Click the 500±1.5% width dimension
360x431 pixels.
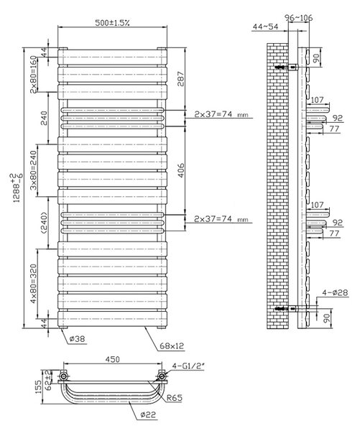[x=112, y=22]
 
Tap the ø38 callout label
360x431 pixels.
[x=77, y=339]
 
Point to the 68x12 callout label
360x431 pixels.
[x=172, y=346]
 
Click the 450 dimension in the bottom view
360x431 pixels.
[x=112, y=359]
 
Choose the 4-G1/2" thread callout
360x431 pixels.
[x=189, y=366]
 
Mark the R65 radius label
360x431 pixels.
[x=175, y=397]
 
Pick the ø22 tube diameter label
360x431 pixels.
[x=148, y=414]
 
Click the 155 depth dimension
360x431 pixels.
[x=39, y=386]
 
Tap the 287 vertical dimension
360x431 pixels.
[x=180, y=79]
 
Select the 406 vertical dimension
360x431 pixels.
[x=180, y=170]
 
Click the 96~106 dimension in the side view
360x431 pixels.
[x=299, y=18]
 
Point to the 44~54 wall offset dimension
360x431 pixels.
[x=265, y=27]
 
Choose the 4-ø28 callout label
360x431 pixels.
[x=335, y=292]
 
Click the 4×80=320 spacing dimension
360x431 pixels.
[x=34, y=284]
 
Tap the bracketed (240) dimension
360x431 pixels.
[x=44, y=223]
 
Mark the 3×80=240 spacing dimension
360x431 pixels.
[x=34, y=170]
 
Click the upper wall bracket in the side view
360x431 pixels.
[x=287, y=67]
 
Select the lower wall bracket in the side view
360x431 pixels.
[x=287, y=309]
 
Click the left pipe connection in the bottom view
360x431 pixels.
[x=63, y=376]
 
